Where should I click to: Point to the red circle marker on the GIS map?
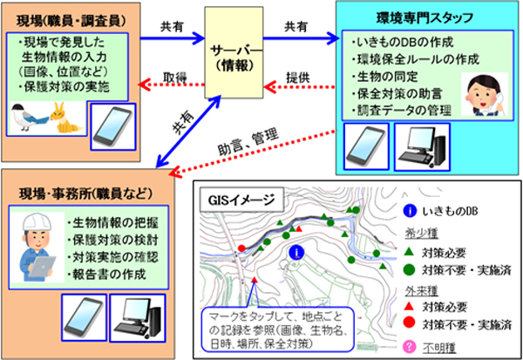(241, 249)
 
